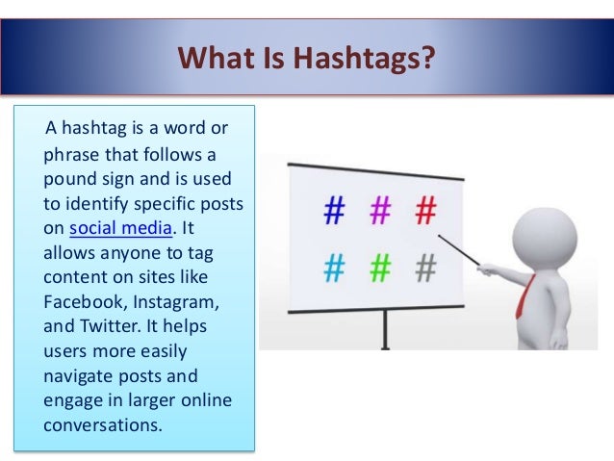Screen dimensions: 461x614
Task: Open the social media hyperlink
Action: [x=122, y=228]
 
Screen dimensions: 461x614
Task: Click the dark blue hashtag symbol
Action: [x=334, y=210]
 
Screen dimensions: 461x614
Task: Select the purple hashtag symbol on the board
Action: [x=381, y=209]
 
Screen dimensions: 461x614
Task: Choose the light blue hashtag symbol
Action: [x=334, y=269]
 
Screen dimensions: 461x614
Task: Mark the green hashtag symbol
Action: [x=381, y=269]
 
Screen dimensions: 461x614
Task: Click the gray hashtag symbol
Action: [x=425, y=269]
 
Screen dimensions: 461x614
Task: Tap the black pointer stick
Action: [x=459, y=249]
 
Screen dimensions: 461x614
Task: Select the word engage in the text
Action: [x=71, y=399]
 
